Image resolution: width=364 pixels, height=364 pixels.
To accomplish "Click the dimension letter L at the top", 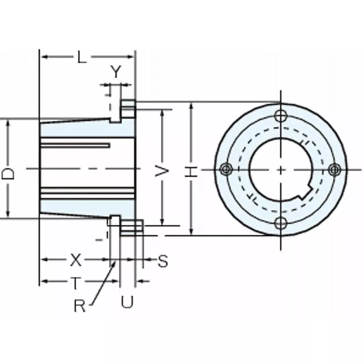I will point(81,57).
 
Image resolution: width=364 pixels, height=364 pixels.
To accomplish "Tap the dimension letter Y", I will point(116,72).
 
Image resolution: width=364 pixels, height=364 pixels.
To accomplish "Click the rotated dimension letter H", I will point(191,172).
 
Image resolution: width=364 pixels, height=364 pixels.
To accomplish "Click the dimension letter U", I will point(127,302).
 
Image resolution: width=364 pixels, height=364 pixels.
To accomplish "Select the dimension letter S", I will point(162,261).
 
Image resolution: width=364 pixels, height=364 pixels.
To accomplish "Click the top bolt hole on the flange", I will point(281,115).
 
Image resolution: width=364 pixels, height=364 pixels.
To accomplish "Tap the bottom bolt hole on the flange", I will point(281,223).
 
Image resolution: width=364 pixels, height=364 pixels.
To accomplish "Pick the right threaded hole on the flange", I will point(335,169).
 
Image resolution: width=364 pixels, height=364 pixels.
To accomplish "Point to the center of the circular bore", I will point(281,169).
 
